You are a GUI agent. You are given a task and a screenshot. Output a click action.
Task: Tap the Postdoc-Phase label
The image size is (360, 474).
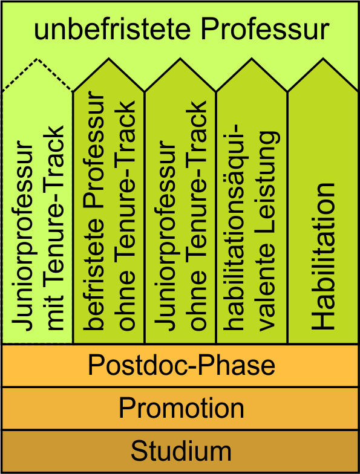pyautogui.click(x=182, y=365)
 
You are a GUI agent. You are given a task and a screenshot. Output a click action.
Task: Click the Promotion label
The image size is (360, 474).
pyautogui.click(x=182, y=407)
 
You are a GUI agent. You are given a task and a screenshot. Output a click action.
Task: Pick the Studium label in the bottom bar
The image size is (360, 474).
pyautogui.click(x=181, y=450)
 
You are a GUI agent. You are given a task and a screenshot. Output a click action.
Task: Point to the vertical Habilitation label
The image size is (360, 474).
pyautogui.click(x=323, y=256)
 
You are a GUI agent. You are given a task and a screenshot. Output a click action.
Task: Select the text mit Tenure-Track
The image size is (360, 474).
pyautogui.click(x=56, y=227)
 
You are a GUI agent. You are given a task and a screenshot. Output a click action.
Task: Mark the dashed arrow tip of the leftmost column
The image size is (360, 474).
pyautogui.click(x=38, y=59)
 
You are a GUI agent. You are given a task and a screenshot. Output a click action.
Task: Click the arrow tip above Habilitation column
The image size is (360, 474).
pyautogui.click(x=323, y=58)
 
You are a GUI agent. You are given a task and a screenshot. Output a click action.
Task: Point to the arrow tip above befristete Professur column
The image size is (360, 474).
pyautogui.click(x=109, y=58)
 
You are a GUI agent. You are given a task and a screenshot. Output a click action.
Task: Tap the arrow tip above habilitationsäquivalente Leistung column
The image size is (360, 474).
pyautogui.click(x=252, y=58)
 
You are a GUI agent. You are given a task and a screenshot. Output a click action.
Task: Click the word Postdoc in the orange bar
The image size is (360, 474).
pyautogui.click(x=139, y=365)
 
